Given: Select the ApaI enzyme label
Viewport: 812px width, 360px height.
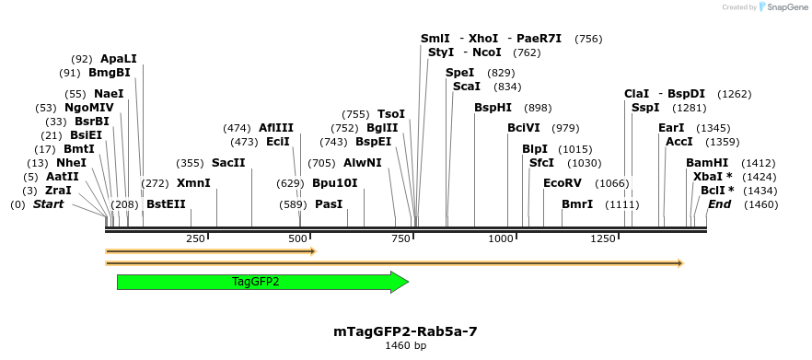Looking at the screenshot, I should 117,59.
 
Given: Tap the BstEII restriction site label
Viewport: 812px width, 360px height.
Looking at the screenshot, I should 166,204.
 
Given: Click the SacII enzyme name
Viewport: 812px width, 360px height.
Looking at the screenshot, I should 228,163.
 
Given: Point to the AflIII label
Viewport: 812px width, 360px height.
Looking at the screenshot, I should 276,128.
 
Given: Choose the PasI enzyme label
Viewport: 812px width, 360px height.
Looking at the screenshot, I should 329,204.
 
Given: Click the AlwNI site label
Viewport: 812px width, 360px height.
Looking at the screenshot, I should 362,163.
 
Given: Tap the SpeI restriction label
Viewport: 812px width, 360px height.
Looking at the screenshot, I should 459,73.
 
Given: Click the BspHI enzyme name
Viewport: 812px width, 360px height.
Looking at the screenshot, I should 493,108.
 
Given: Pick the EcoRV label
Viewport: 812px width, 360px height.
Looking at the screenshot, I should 563,183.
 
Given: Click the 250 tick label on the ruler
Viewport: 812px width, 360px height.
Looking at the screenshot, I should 195,239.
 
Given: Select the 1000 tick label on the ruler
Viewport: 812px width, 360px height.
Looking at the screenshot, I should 500,239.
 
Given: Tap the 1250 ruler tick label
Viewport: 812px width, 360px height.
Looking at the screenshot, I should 603,239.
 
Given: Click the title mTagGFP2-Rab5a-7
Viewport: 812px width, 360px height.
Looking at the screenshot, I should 405,331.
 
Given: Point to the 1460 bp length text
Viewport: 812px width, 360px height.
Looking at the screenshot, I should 405,346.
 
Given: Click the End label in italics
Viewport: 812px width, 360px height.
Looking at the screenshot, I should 719,204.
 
